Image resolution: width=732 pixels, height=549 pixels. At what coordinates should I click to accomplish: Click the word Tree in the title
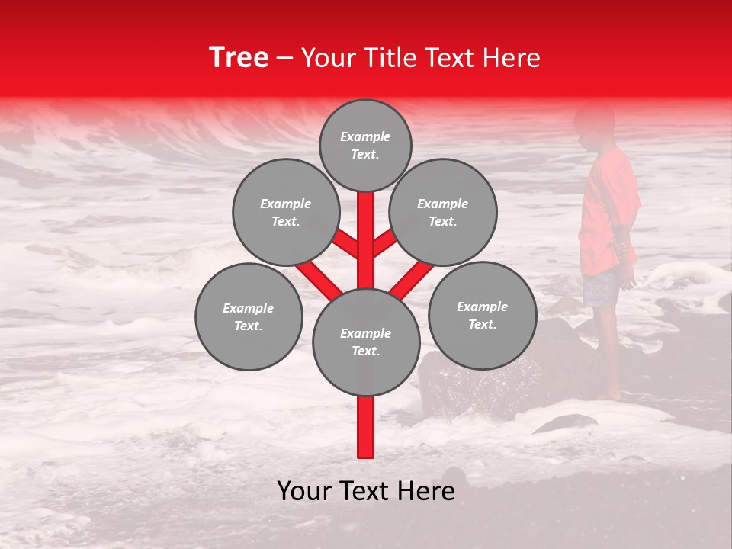pos(239,57)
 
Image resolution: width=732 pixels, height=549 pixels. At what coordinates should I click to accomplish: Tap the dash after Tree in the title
pos(284,59)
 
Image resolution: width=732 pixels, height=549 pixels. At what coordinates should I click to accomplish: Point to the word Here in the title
pos(512,58)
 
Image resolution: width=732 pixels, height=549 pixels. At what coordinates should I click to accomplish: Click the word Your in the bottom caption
pos(304,492)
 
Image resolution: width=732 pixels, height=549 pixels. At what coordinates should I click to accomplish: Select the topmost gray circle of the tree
pos(365,145)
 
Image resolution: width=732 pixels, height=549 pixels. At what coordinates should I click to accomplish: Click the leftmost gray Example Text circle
pos(249,316)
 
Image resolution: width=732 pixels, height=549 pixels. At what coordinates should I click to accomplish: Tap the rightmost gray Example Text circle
pos(482,315)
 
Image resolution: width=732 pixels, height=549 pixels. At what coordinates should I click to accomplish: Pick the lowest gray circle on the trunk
pos(366,342)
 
